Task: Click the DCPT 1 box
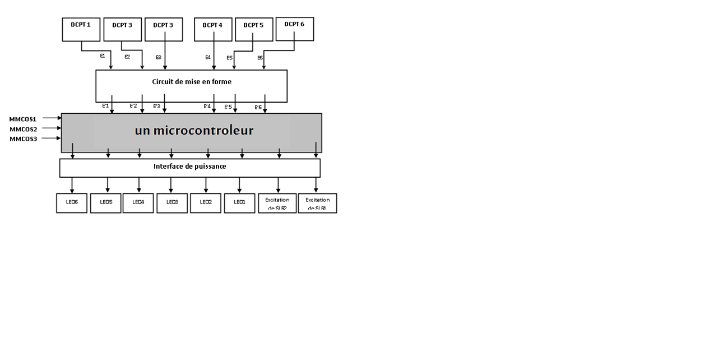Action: [x=81, y=29]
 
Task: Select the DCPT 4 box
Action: [x=213, y=29]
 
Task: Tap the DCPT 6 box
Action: [x=294, y=29]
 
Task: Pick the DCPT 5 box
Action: [x=253, y=29]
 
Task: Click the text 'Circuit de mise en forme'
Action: [x=192, y=82]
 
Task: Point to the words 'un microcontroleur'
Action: [x=194, y=131]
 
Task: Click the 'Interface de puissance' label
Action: [x=189, y=167]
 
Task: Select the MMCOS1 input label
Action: [x=23, y=119]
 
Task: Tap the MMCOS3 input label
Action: [x=23, y=139]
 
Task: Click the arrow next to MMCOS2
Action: [x=52, y=128]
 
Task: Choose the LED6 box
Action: [x=72, y=203]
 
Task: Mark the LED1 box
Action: [x=240, y=203]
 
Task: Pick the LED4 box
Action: [x=138, y=203]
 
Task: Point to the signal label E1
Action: [x=103, y=56]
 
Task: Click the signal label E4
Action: [x=208, y=57]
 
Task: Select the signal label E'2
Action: [x=133, y=105]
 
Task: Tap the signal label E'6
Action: [x=258, y=107]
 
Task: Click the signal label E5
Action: [x=229, y=58]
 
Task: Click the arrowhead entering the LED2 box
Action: [x=206, y=191]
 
